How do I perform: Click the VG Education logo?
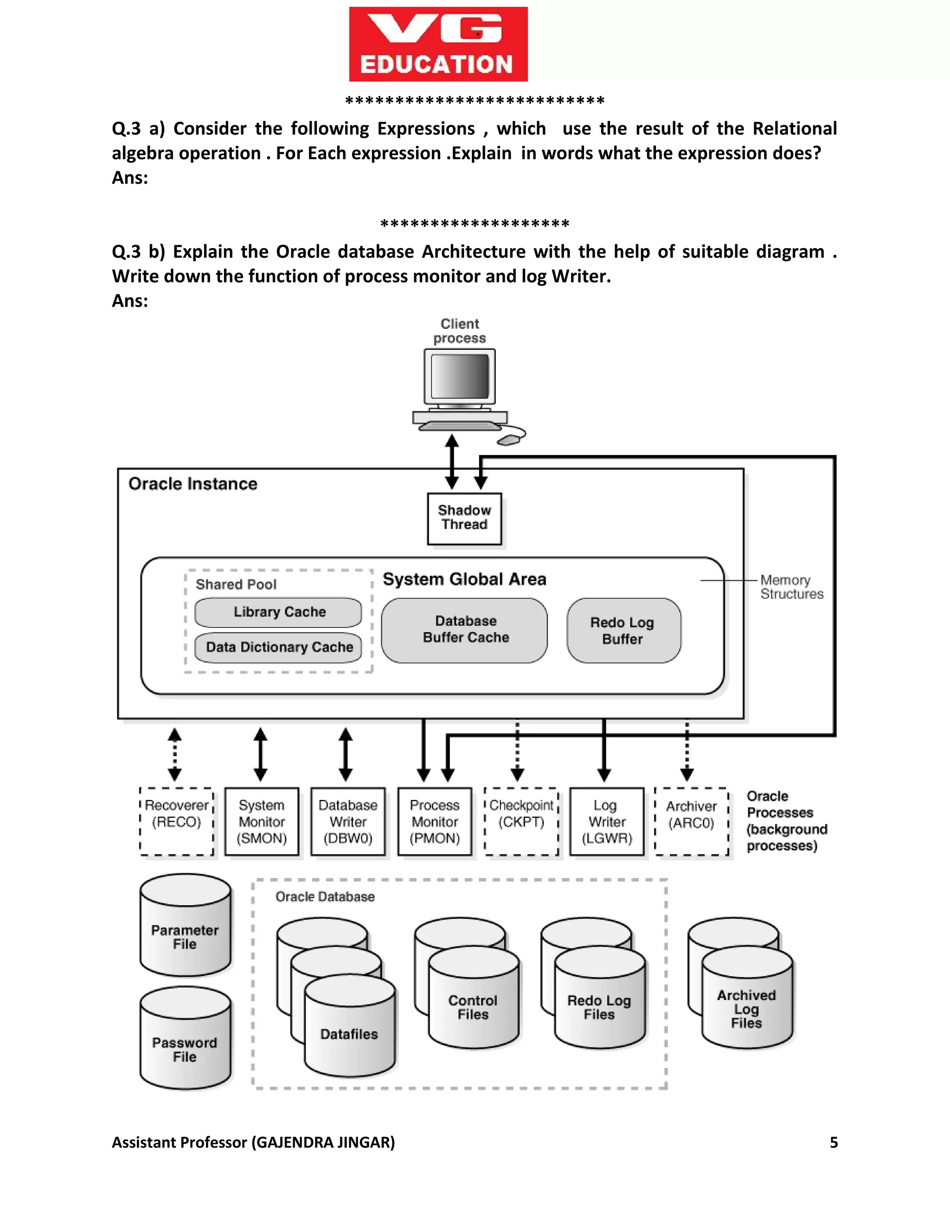click(x=438, y=44)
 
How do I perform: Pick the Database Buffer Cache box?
click(x=465, y=630)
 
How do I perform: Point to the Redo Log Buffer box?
click(x=623, y=630)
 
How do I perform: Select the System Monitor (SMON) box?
click(x=262, y=822)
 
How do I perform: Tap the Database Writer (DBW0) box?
click(x=348, y=822)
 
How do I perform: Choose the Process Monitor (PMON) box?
click(x=435, y=822)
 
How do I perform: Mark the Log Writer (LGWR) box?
click(x=607, y=822)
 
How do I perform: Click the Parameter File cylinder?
click(x=185, y=937)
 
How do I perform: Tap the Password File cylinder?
click(x=185, y=1050)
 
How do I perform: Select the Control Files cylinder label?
click(x=473, y=1007)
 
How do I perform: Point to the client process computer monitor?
click(x=460, y=377)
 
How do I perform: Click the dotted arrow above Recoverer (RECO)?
click(x=175, y=754)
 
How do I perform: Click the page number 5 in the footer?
click(x=834, y=1142)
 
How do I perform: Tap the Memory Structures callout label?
click(x=791, y=587)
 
